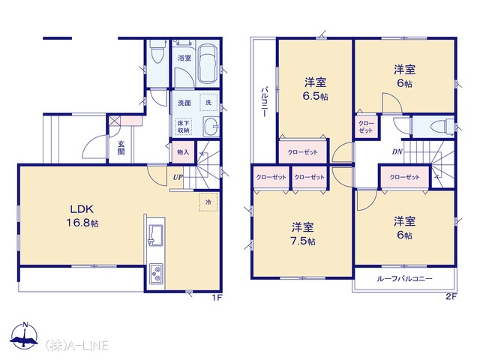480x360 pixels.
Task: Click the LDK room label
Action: pyautogui.click(x=82, y=209)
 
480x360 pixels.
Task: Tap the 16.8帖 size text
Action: pyautogui.click(x=82, y=223)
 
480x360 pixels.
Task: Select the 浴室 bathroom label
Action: pyautogui.click(x=184, y=58)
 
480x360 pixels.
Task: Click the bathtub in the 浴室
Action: pyautogui.click(x=208, y=64)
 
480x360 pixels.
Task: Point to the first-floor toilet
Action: pyautogui.click(x=157, y=51)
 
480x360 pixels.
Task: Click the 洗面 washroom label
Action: pyautogui.click(x=184, y=103)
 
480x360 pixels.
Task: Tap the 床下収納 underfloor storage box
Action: pyautogui.click(x=183, y=127)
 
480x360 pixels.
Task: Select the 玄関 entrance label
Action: pyautogui.click(x=121, y=148)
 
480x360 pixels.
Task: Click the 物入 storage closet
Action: pyautogui.click(x=183, y=151)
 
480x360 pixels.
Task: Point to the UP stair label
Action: pyautogui.click(x=178, y=177)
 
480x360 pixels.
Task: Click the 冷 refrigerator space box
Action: pyautogui.click(x=208, y=202)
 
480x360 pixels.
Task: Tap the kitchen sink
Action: pyautogui.click(x=155, y=235)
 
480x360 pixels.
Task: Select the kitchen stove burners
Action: pyautogui.click(x=156, y=273)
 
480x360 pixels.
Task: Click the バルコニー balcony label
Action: pyautogui.click(x=264, y=102)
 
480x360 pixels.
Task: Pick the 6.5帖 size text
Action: pyautogui.click(x=315, y=97)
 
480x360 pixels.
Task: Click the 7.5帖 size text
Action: pyautogui.click(x=303, y=241)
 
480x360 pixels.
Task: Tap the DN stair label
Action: pyautogui.click(x=397, y=151)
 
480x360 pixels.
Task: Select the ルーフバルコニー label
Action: pyautogui.click(x=404, y=278)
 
